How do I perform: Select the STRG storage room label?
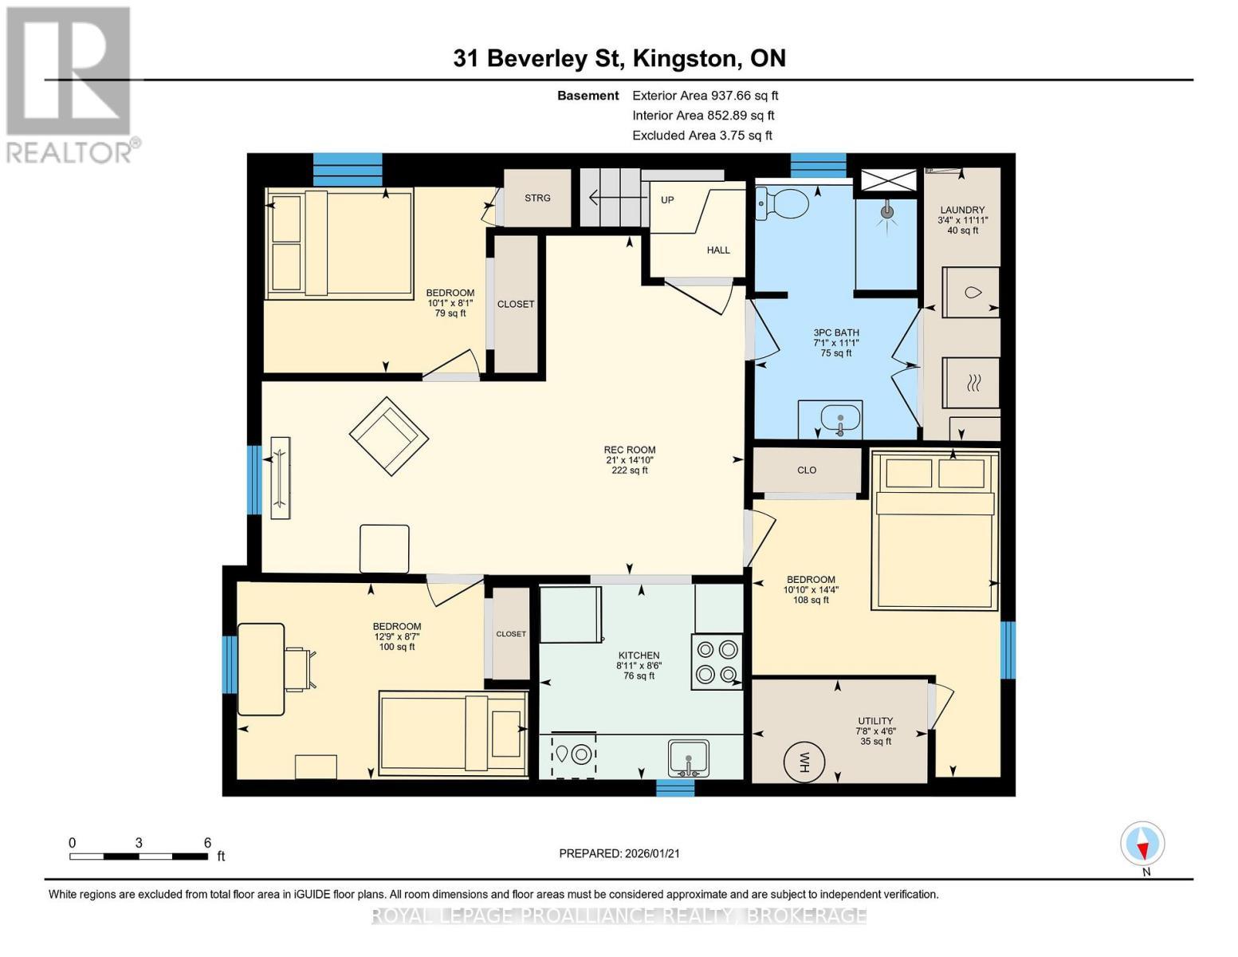[537, 198]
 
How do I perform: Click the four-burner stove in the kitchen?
[717, 662]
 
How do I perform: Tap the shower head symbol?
[886, 213]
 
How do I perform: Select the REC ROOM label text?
[629, 450]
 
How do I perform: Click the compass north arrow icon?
[1143, 844]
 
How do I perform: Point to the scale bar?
[139, 857]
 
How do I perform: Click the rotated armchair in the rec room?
[389, 436]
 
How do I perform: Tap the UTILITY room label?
[875, 721]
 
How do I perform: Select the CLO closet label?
[807, 471]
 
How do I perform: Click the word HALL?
[718, 250]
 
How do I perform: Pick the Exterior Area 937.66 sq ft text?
[705, 96]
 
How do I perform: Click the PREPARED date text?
[619, 853]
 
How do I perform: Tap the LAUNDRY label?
[962, 211]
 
